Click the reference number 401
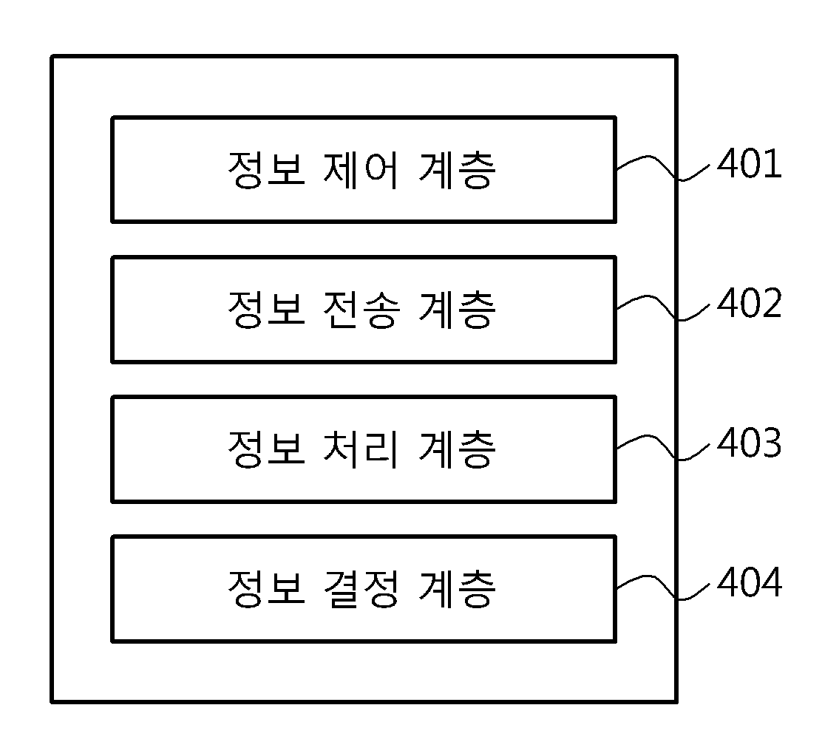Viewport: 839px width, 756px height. (x=749, y=164)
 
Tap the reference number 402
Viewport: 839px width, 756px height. (x=749, y=304)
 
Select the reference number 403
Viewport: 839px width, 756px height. (x=749, y=443)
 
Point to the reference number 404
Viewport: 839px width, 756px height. (x=749, y=582)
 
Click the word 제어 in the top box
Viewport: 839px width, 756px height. (x=361, y=170)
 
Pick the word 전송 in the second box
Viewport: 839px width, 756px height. (x=361, y=310)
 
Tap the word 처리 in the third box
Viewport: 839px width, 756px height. (x=361, y=449)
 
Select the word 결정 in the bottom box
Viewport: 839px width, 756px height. (x=361, y=589)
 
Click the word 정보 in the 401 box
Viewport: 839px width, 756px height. (x=266, y=170)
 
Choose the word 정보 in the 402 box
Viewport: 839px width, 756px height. (x=266, y=310)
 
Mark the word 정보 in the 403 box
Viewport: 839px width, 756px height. (x=266, y=449)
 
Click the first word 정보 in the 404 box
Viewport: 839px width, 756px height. (x=266, y=589)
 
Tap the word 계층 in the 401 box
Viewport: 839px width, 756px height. (x=457, y=170)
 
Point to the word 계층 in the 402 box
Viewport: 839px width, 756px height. (x=457, y=310)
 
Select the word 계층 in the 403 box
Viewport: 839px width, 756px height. (x=457, y=449)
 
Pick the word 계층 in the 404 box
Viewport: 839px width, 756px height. (x=457, y=589)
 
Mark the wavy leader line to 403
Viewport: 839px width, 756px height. (x=664, y=446)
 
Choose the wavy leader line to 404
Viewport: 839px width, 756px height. (x=664, y=586)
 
